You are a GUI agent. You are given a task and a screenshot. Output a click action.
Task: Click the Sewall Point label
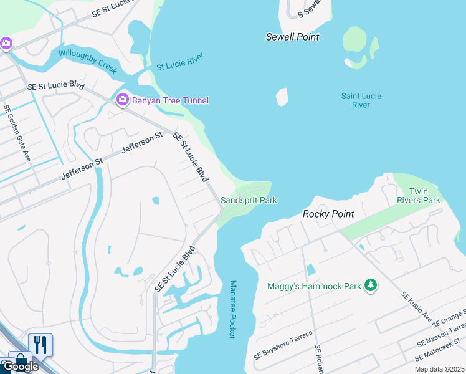(292, 37)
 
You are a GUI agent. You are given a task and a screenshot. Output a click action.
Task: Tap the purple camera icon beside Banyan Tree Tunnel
(122, 100)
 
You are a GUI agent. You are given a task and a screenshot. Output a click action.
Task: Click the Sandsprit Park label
(249, 200)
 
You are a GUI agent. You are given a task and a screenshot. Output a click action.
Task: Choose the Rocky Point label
(328, 214)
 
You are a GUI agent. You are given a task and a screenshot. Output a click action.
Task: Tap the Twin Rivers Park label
(419, 196)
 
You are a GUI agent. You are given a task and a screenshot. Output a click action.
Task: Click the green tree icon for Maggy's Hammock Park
(371, 286)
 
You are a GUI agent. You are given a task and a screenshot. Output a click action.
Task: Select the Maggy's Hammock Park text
(314, 287)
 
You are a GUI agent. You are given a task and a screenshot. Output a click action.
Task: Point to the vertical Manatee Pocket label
(232, 309)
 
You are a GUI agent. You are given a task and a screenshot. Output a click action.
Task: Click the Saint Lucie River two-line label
(361, 100)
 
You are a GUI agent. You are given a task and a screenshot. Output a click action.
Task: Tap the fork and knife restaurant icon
(40, 345)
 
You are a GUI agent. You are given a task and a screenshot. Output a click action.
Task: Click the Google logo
(20, 366)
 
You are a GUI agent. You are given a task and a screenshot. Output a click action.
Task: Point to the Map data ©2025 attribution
(439, 369)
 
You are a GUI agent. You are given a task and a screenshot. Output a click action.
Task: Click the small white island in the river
(282, 97)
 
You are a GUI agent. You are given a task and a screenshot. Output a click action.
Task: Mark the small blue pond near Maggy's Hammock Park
(310, 270)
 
